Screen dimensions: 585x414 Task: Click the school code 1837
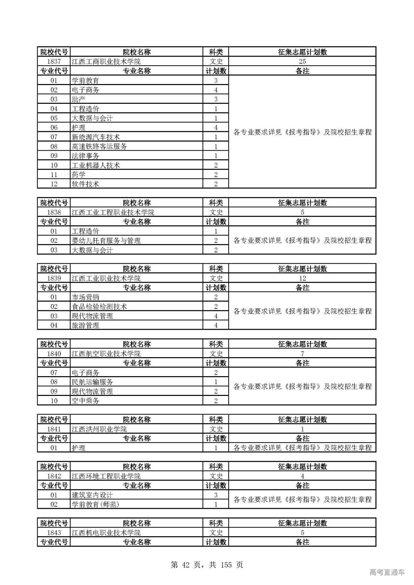pyautogui.click(x=54, y=61)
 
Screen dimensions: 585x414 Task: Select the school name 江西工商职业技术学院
pyautogui.click(x=106, y=61)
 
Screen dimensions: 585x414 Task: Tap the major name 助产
pyautogui.click(x=79, y=99)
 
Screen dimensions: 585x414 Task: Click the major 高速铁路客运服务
pyautogui.click(x=99, y=146)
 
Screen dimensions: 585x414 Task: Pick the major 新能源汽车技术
pyautogui.click(x=96, y=137)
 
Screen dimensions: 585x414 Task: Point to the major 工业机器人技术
pyautogui.click(x=96, y=165)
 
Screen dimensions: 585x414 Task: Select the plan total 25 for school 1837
pyautogui.click(x=302, y=61)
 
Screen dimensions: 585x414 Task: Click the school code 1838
pyautogui.click(x=54, y=212)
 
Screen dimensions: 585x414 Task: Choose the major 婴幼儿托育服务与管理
pyautogui.click(x=106, y=240)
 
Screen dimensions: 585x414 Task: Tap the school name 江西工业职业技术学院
pyautogui.click(x=106, y=278)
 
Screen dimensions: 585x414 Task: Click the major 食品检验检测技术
pyautogui.click(x=99, y=306)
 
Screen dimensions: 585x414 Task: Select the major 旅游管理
pyautogui.click(x=85, y=325)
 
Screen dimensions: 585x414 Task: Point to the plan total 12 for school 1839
pyautogui.click(x=302, y=278)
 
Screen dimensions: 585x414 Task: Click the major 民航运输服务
pyautogui.click(x=93, y=382)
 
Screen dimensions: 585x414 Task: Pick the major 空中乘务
pyautogui.click(x=85, y=401)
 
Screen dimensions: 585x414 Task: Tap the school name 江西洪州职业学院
pyautogui.click(x=99, y=429)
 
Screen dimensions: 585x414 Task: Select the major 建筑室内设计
pyautogui.click(x=93, y=495)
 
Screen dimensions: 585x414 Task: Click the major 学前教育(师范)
pyautogui.click(x=95, y=505)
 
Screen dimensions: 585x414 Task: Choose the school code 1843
pyautogui.click(x=54, y=533)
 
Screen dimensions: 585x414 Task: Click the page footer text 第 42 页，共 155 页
pyautogui.click(x=207, y=565)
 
